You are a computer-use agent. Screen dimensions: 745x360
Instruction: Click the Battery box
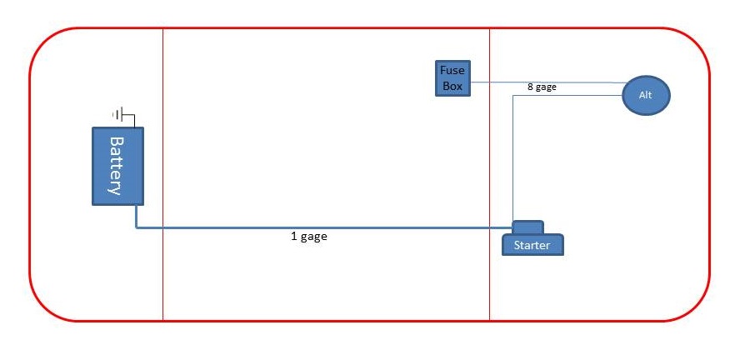point(117,166)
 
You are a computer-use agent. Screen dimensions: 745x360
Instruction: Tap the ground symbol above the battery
point(117,114)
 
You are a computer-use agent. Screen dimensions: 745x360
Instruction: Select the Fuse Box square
point(452,78)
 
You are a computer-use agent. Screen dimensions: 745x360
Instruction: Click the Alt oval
point(646,95)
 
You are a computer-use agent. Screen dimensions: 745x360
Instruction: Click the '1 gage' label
point(309,236)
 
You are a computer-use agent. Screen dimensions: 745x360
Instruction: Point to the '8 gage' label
point(542,87)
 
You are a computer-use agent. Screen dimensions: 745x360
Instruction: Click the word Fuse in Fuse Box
point(452,71)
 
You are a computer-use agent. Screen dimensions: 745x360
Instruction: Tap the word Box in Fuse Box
point(452,87)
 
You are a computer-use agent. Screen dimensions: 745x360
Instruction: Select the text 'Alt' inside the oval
point(646,95)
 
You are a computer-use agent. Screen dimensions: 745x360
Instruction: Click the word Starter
point(532,246)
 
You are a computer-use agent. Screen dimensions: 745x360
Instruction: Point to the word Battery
point(117,166)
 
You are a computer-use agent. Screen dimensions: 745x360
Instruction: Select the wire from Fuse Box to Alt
point(547,82)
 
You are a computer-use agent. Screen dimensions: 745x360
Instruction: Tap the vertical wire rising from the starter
point(513,157)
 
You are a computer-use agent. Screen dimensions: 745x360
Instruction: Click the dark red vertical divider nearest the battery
point(163,174)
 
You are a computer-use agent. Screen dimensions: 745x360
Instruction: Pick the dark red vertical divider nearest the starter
point(489,174)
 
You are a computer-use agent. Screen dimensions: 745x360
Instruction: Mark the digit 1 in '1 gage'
point(294,236)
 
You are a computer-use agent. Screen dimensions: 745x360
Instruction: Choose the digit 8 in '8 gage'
point(530,87)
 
